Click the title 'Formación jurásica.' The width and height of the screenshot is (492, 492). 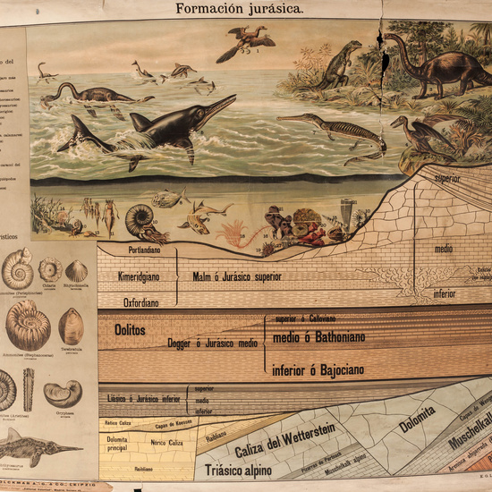(x=246, y=8)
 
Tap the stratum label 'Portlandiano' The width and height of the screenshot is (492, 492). (x=144, y=250)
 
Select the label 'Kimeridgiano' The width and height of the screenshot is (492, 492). (x=139, y=277)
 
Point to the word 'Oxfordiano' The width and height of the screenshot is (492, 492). (x=140, y=302)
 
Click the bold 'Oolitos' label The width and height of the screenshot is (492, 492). (x=130, y=330)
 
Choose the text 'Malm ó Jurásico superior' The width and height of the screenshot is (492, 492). (x=236, y=277)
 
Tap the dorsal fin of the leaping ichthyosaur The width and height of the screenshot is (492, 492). (x=140, y=122)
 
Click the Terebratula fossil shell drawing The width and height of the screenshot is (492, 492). (x=71, y=326)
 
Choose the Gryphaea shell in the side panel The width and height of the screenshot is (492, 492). (x=63, y=394)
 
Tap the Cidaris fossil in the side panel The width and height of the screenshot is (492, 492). (x=50, y=268)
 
